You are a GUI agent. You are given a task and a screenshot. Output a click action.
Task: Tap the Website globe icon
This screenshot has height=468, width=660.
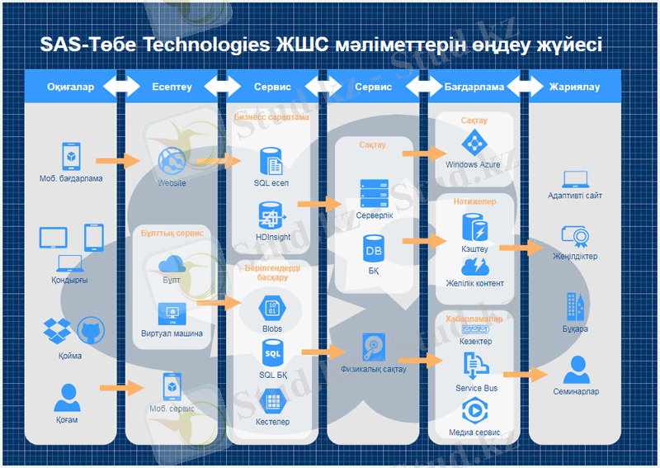172,159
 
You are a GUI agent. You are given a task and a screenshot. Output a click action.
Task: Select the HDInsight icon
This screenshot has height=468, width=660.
271,216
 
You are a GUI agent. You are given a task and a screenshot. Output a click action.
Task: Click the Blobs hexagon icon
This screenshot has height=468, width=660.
271,307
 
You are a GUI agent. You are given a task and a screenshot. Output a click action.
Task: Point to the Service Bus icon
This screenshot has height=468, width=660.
476,365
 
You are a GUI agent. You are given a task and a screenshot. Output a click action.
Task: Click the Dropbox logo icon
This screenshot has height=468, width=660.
57,331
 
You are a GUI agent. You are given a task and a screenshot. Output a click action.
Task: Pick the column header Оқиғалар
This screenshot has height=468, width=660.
70,87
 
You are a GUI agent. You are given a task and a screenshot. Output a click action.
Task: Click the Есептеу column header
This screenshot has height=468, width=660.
172,87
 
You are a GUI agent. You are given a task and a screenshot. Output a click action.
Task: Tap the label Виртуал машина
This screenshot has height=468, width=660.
172,334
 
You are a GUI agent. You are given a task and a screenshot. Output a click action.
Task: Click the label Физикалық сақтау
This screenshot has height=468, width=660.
373,369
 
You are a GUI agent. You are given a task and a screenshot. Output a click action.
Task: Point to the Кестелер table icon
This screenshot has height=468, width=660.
271,402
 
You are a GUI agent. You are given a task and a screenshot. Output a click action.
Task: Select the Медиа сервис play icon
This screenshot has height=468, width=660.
474,409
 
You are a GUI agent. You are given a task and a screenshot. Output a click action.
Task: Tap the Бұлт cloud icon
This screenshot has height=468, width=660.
172,263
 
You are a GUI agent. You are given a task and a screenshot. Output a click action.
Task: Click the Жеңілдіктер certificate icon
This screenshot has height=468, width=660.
575,237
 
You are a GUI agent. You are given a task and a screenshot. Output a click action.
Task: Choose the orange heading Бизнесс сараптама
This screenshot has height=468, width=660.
271,117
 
